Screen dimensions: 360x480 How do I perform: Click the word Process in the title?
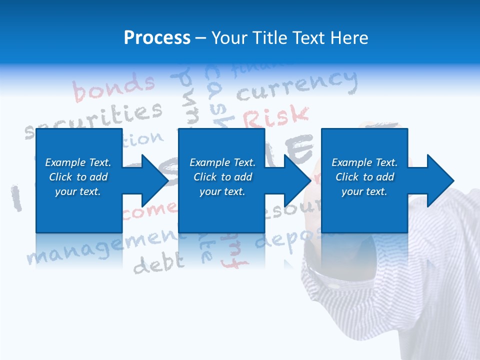pyautogui.click(x=157, y=37)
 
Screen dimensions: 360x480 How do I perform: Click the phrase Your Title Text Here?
pyautogui.click(x=290, y=37)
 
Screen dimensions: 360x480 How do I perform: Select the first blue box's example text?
pyautogui.click(x=78, y=177)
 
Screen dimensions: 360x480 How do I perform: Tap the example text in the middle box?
pyautogui.click(x=222, y=177)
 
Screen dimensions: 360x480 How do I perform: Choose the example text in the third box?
pyautogui.click(x=364, y=177)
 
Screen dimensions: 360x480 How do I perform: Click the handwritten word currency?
pyautogui.click(x=297, y=85)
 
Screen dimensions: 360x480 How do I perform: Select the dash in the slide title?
pyautogui.click(x=201, y=38)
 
